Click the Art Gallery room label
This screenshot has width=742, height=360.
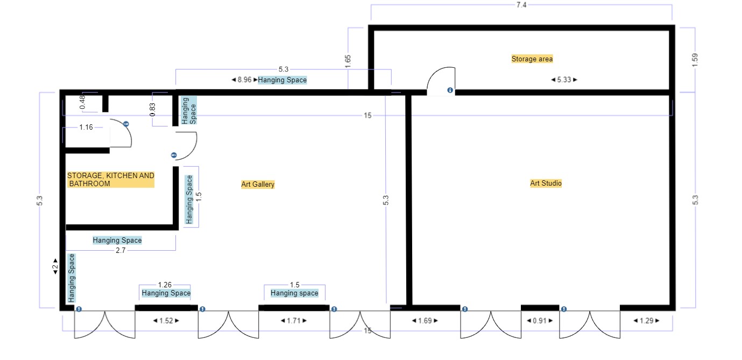click(258, 184)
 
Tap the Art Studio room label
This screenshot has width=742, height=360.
click(546, 183)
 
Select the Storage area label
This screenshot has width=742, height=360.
click(532, 59)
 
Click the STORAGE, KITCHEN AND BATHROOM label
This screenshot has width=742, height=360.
click(111, 180)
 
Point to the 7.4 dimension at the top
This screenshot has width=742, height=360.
click(521, 5)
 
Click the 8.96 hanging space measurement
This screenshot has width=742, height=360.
click(244, 80)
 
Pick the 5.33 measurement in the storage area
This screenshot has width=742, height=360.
click(564, 80)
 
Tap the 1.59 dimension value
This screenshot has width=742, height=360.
click(695, 60)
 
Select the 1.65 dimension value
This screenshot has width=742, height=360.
click(348, 61)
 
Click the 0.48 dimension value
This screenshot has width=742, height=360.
click(82, 102)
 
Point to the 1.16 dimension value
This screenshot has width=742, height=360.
click(86, 127)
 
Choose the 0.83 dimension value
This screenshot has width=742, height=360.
click(152, 110)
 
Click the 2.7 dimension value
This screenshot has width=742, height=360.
click(121, 250)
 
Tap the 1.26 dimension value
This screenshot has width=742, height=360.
click(165, 285)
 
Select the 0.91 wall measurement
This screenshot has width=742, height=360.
click(540, 321)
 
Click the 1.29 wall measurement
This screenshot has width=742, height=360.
click(646, 321)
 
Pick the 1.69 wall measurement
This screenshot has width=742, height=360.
click(425, 321)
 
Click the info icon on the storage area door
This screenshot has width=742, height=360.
click(450, 90)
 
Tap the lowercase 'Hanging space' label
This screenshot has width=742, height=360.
click(294, 293)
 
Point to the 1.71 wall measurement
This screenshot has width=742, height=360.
click(294, 321)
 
